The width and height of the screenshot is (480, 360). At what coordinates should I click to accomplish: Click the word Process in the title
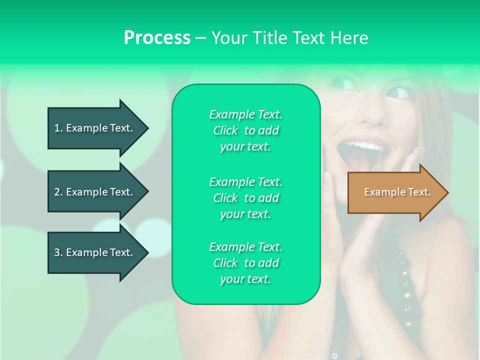(157, 38)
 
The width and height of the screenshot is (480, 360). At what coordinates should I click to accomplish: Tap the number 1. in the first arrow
(58, 128)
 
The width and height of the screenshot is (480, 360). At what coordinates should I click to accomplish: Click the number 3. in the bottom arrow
(58, 252)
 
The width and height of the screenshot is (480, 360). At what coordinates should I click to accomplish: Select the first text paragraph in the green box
(245, 130)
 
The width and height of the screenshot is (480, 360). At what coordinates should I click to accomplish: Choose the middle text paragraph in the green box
(245, 198)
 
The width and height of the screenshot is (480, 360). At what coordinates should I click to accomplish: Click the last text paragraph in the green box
(245, 263)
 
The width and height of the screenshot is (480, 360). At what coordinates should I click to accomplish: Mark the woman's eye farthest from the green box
(398, 92)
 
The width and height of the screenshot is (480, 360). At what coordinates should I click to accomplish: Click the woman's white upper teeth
(367, 146)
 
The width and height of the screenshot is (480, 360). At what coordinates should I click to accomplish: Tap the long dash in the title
(200, 38)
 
